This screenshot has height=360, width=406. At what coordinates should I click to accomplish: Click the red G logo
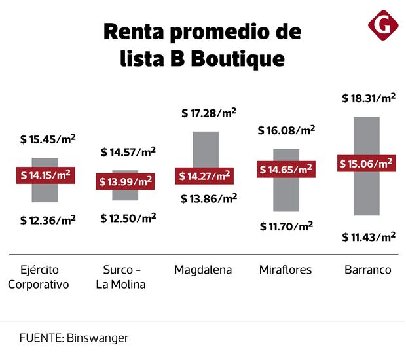(383, 26)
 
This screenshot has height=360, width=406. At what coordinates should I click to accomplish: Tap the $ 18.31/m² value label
(369, 98)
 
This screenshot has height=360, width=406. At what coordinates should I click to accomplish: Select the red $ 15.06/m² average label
(366, 164)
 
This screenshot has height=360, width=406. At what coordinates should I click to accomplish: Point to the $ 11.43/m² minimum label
(369, 236)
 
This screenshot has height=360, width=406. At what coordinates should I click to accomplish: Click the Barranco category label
(368, 270)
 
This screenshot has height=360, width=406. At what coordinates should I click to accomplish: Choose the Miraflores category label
(286, 270)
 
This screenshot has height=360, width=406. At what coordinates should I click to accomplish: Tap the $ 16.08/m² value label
(287, 131)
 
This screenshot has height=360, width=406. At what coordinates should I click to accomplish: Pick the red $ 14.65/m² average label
(286, 170)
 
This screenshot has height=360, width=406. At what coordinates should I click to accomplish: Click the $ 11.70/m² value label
(286, 226)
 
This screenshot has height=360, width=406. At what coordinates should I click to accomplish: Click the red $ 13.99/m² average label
(124, 181)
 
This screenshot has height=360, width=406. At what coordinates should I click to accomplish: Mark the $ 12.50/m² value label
(128, 218)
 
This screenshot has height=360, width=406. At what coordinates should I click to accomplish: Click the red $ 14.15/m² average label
(45, 175)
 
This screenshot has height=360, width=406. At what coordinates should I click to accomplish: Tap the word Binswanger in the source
(97, 338)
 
